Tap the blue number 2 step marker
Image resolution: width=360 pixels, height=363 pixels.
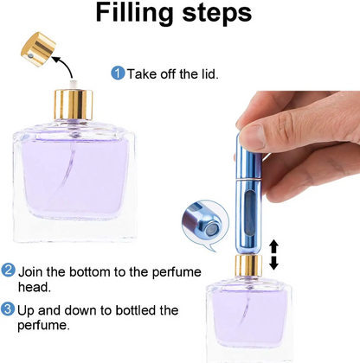pos(8,270)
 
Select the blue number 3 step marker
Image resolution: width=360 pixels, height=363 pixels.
pos(8,309)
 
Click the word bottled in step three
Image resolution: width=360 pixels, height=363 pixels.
pos(127,309)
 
